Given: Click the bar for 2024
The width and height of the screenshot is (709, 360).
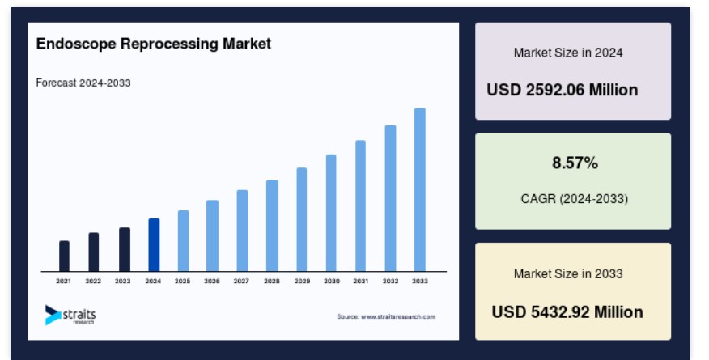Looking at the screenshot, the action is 154,245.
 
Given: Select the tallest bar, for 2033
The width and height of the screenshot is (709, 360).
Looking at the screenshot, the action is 419,190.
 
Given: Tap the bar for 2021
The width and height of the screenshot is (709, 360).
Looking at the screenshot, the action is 64,256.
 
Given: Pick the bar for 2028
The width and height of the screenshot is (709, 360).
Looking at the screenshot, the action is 272,226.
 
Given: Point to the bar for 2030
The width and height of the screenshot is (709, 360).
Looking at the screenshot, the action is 331,214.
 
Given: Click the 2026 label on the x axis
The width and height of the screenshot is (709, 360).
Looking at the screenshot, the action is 211,281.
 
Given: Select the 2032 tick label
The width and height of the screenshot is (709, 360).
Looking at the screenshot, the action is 391,281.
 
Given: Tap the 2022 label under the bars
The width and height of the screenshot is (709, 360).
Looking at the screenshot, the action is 93,281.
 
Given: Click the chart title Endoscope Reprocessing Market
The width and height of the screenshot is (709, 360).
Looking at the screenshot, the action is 154,44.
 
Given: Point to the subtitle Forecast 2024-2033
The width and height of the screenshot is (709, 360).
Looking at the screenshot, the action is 83,83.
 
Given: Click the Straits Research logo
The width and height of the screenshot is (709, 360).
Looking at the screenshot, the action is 70,315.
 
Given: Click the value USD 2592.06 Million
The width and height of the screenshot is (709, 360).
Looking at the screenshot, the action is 562,90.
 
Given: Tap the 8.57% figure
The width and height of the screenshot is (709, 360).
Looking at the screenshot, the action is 575,163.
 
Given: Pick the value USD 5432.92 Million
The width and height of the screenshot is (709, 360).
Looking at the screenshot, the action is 567,312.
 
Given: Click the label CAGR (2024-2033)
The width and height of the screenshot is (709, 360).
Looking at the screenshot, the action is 575,199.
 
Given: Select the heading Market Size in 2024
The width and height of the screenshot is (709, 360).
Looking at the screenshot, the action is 568,53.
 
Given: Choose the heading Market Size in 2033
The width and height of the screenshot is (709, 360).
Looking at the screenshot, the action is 568,273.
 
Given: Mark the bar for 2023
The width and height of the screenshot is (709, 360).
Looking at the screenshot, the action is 125,249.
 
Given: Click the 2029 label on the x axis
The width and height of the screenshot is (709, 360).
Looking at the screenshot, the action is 302,281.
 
